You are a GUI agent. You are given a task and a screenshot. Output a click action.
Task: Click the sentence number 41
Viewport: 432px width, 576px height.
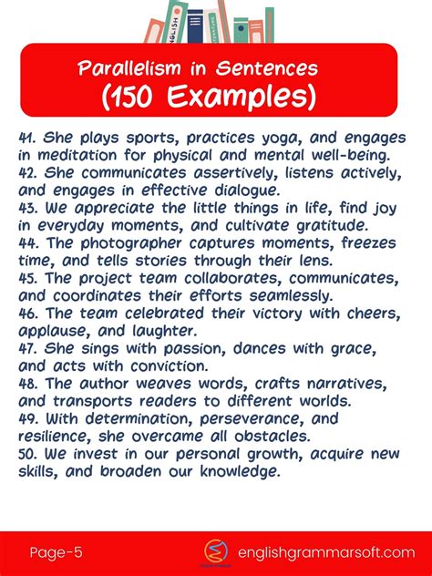(27, 139)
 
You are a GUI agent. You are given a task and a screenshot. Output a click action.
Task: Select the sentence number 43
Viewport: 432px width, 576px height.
(28, 207)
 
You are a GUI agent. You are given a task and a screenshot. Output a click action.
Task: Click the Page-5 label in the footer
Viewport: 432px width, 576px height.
(56, 552)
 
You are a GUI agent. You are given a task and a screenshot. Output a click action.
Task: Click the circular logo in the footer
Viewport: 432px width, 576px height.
(216, 551)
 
